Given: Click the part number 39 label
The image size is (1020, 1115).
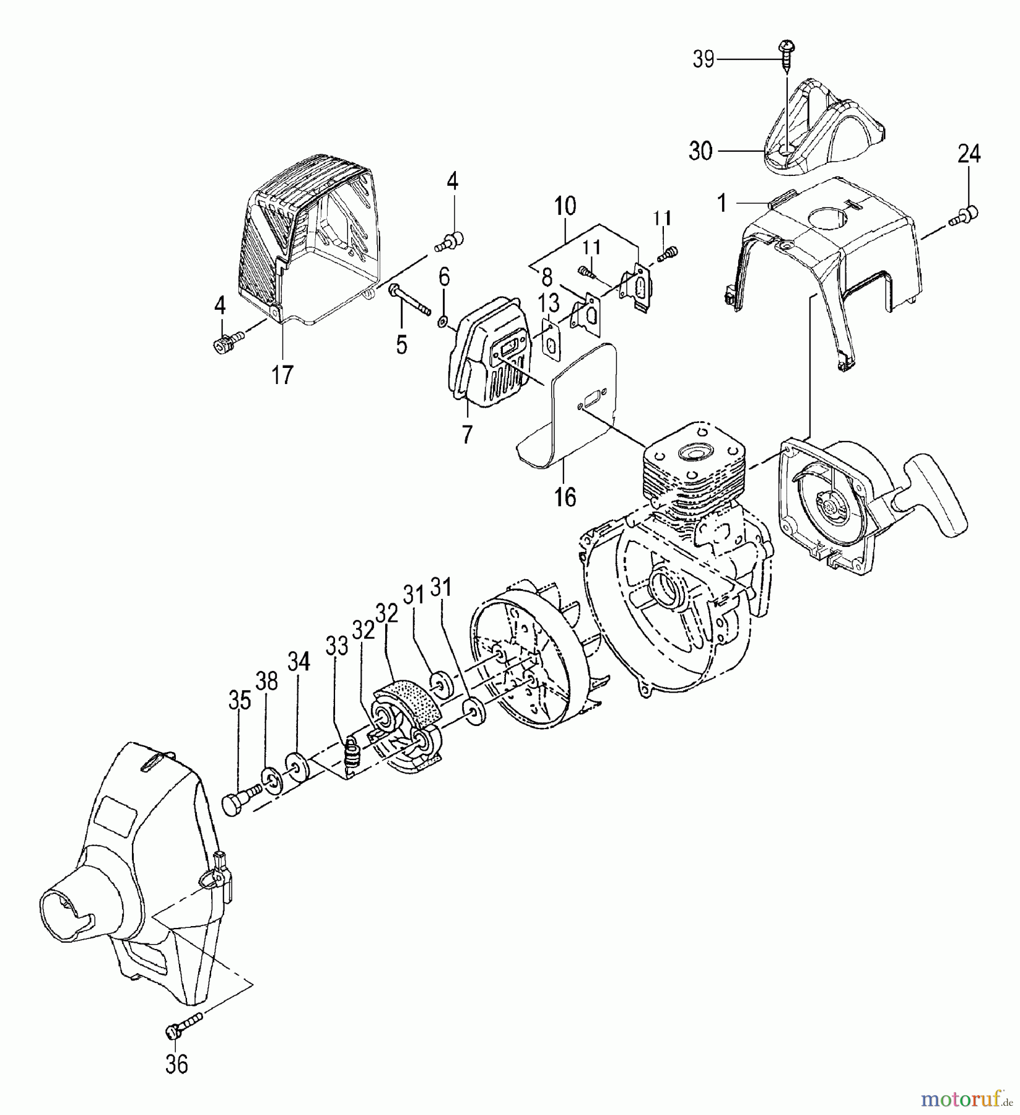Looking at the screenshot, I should [703, 60].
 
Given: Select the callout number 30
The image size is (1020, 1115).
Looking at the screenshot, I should [700, 151].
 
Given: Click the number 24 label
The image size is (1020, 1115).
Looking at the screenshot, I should [969, 153].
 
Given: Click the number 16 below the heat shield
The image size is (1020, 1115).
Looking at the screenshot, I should [565, 496].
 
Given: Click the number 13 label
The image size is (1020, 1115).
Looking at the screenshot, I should [549, 304].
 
